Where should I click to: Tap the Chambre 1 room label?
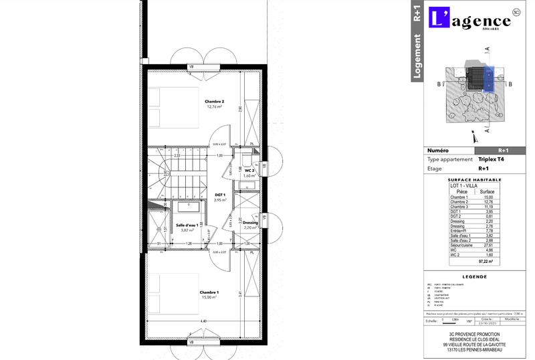[209, 292]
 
